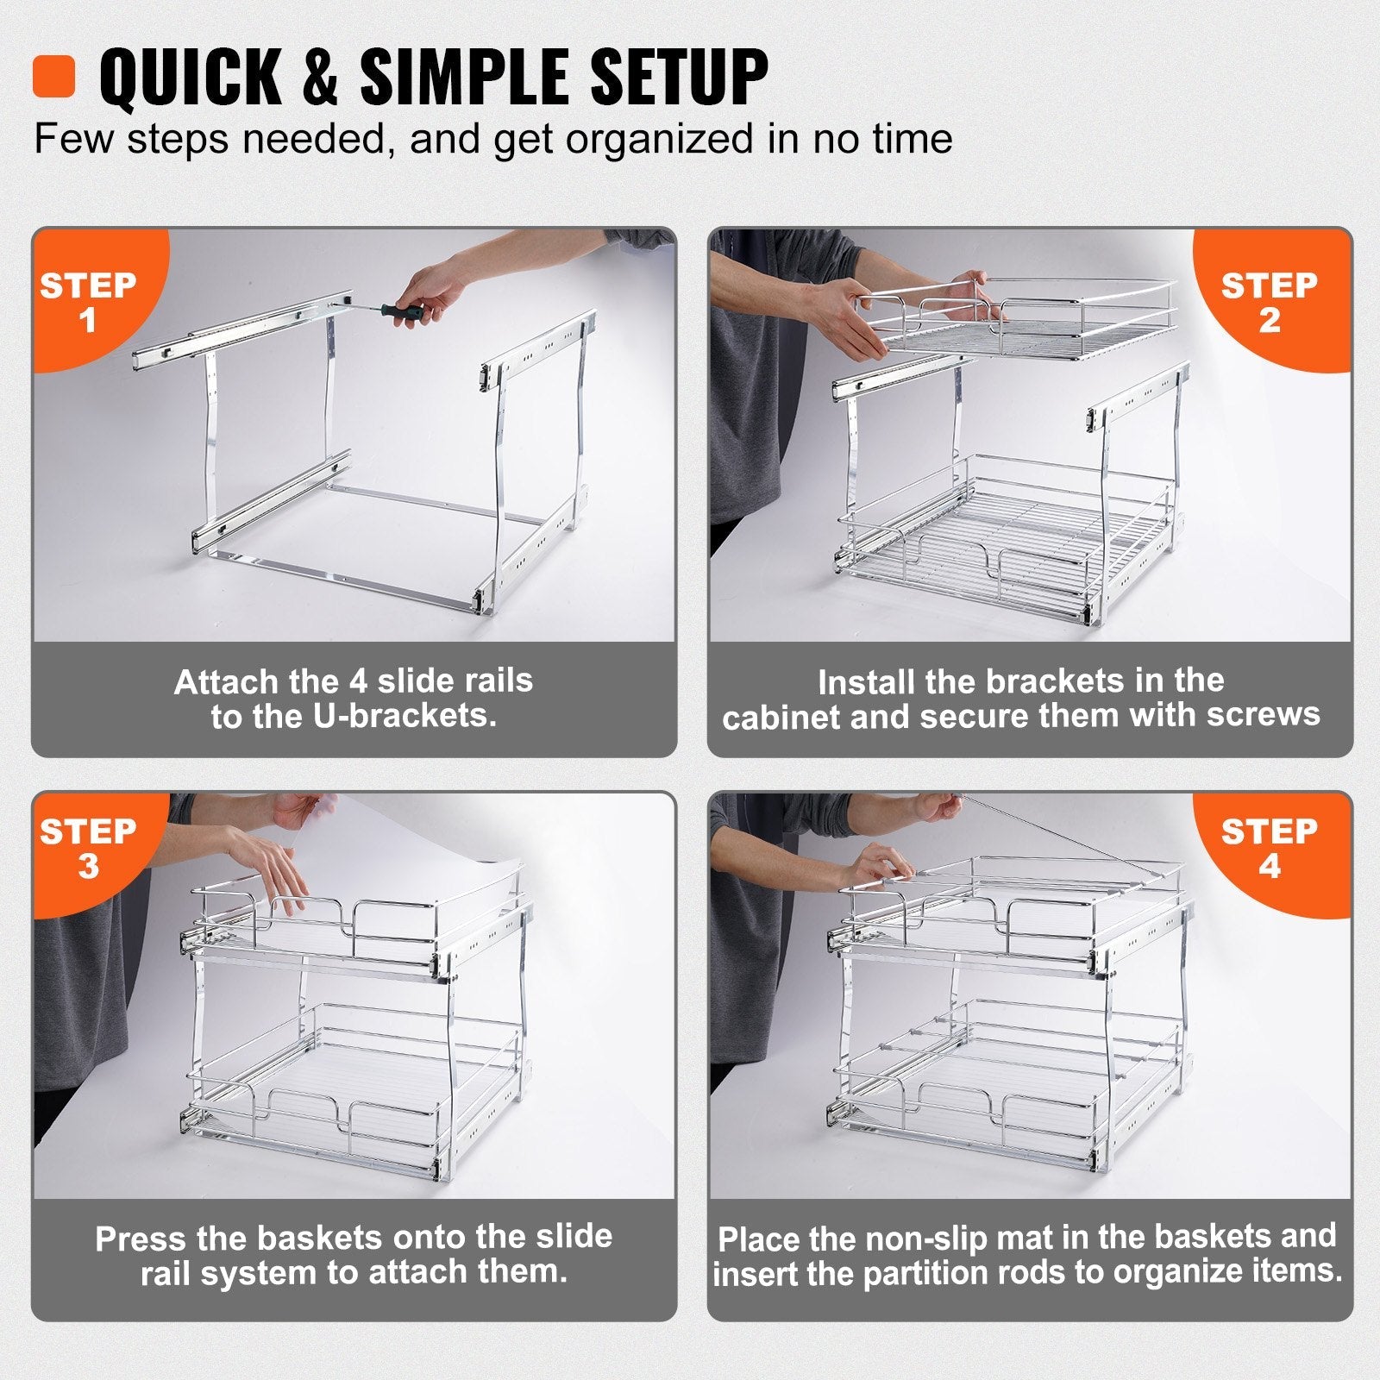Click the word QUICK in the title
tap(190, 78)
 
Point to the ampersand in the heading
tap(320, 78)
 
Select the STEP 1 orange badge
tap(88, 302)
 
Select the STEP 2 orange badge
tap(1269, 302)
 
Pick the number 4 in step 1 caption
tap(358, 681)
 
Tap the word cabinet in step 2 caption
tap(781, 717)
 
